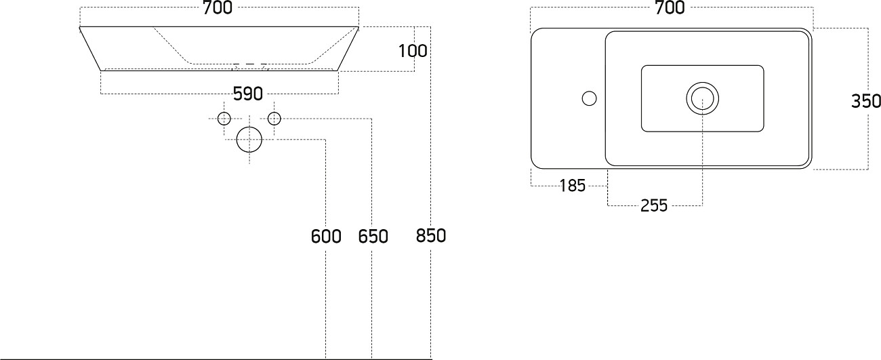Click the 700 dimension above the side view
coord(218,8)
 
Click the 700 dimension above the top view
coord(670,8)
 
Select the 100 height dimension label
coord(413,50)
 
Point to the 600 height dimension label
coord(325,237)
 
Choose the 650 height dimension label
coord(373,237)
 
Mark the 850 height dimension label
coord(430,236)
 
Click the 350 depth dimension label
coord(866,101)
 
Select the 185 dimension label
coord(573,186)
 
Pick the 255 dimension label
coord(654,205)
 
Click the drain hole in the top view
coord(702,98)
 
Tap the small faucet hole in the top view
coord(590,99)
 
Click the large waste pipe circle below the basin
coord(249,140)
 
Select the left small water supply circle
coord(224,119)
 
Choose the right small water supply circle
coord(274,119)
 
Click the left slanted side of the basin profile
coord(90,49)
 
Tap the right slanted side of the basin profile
coord(348,49)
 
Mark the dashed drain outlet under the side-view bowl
coord(250,65)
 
